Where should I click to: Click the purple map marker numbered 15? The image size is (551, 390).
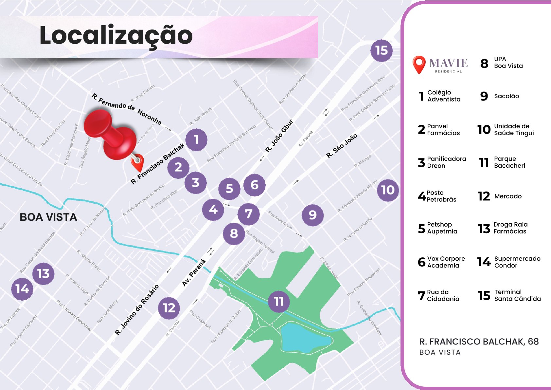[382, 50]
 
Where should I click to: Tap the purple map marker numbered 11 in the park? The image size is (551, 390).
[279, 301]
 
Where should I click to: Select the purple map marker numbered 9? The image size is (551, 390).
[312, 215]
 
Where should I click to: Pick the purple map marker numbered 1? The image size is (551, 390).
[196, 140]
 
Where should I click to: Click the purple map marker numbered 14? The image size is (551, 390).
[22, 289]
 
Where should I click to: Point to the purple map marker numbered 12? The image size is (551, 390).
[169, 308]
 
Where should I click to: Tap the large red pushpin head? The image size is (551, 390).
[98, 124]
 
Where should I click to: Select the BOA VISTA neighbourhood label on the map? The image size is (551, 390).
[48, 217]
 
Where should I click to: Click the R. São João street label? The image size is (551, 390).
[342, 146]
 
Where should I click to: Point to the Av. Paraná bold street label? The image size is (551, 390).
[194, 273]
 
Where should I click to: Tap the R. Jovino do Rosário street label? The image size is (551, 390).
[137, 309]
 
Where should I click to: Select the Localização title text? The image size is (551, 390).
[116, 35]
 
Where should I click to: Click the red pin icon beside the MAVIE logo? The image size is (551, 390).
[419, 64]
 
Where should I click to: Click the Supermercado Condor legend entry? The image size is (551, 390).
[517, 262]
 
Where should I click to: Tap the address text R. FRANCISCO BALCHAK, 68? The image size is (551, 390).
[479, 342]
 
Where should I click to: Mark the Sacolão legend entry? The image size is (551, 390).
[507, 96]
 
